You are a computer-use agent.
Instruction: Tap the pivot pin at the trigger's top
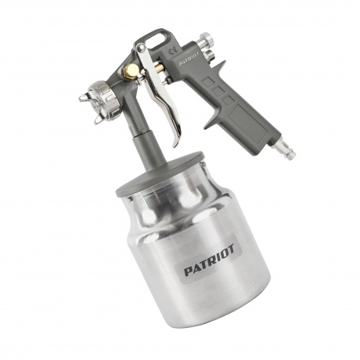(x=141, y=51)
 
